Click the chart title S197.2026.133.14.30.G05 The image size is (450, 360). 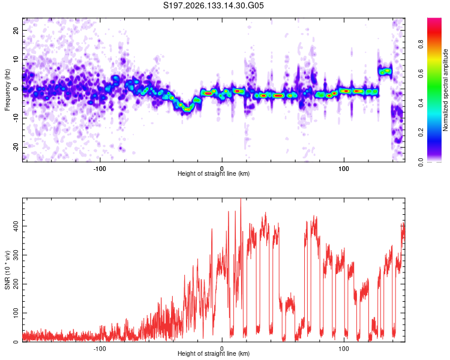tap(213, 5)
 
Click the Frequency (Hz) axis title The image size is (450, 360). tap(7, 90)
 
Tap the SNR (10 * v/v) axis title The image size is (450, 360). tap(7, 270)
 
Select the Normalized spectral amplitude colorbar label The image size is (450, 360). tap(445, 90)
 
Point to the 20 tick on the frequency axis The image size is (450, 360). tap(16, 30)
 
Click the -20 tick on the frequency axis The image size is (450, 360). tap(16, 147)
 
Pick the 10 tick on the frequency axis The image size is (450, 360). tap(16, 59)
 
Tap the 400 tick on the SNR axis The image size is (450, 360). tap(16, 226)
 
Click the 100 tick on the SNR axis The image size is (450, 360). tap(16, 313)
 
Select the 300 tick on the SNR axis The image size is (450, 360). tap(16, 255)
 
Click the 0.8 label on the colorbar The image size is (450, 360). tap(421, 44)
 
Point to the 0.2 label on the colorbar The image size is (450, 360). tap(421, 133)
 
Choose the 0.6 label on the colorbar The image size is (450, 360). tap(421, 74)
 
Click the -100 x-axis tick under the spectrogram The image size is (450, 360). tap(100, 169)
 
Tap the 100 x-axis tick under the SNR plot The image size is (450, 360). tap(344, 349)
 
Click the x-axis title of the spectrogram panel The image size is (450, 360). tap(214, 173)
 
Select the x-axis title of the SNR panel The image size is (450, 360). tap(214, 353)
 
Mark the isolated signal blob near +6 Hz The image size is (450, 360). tap(385, 71)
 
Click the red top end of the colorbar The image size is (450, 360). tap(434, 19)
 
